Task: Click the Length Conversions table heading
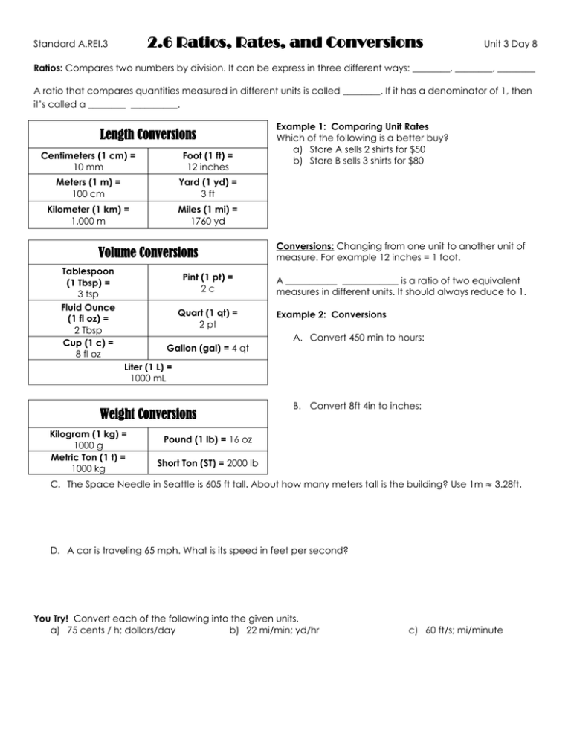(148, 135)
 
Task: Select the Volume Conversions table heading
(148, 252)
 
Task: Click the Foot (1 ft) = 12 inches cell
(207, 161)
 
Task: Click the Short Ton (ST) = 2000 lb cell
(207, 465)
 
